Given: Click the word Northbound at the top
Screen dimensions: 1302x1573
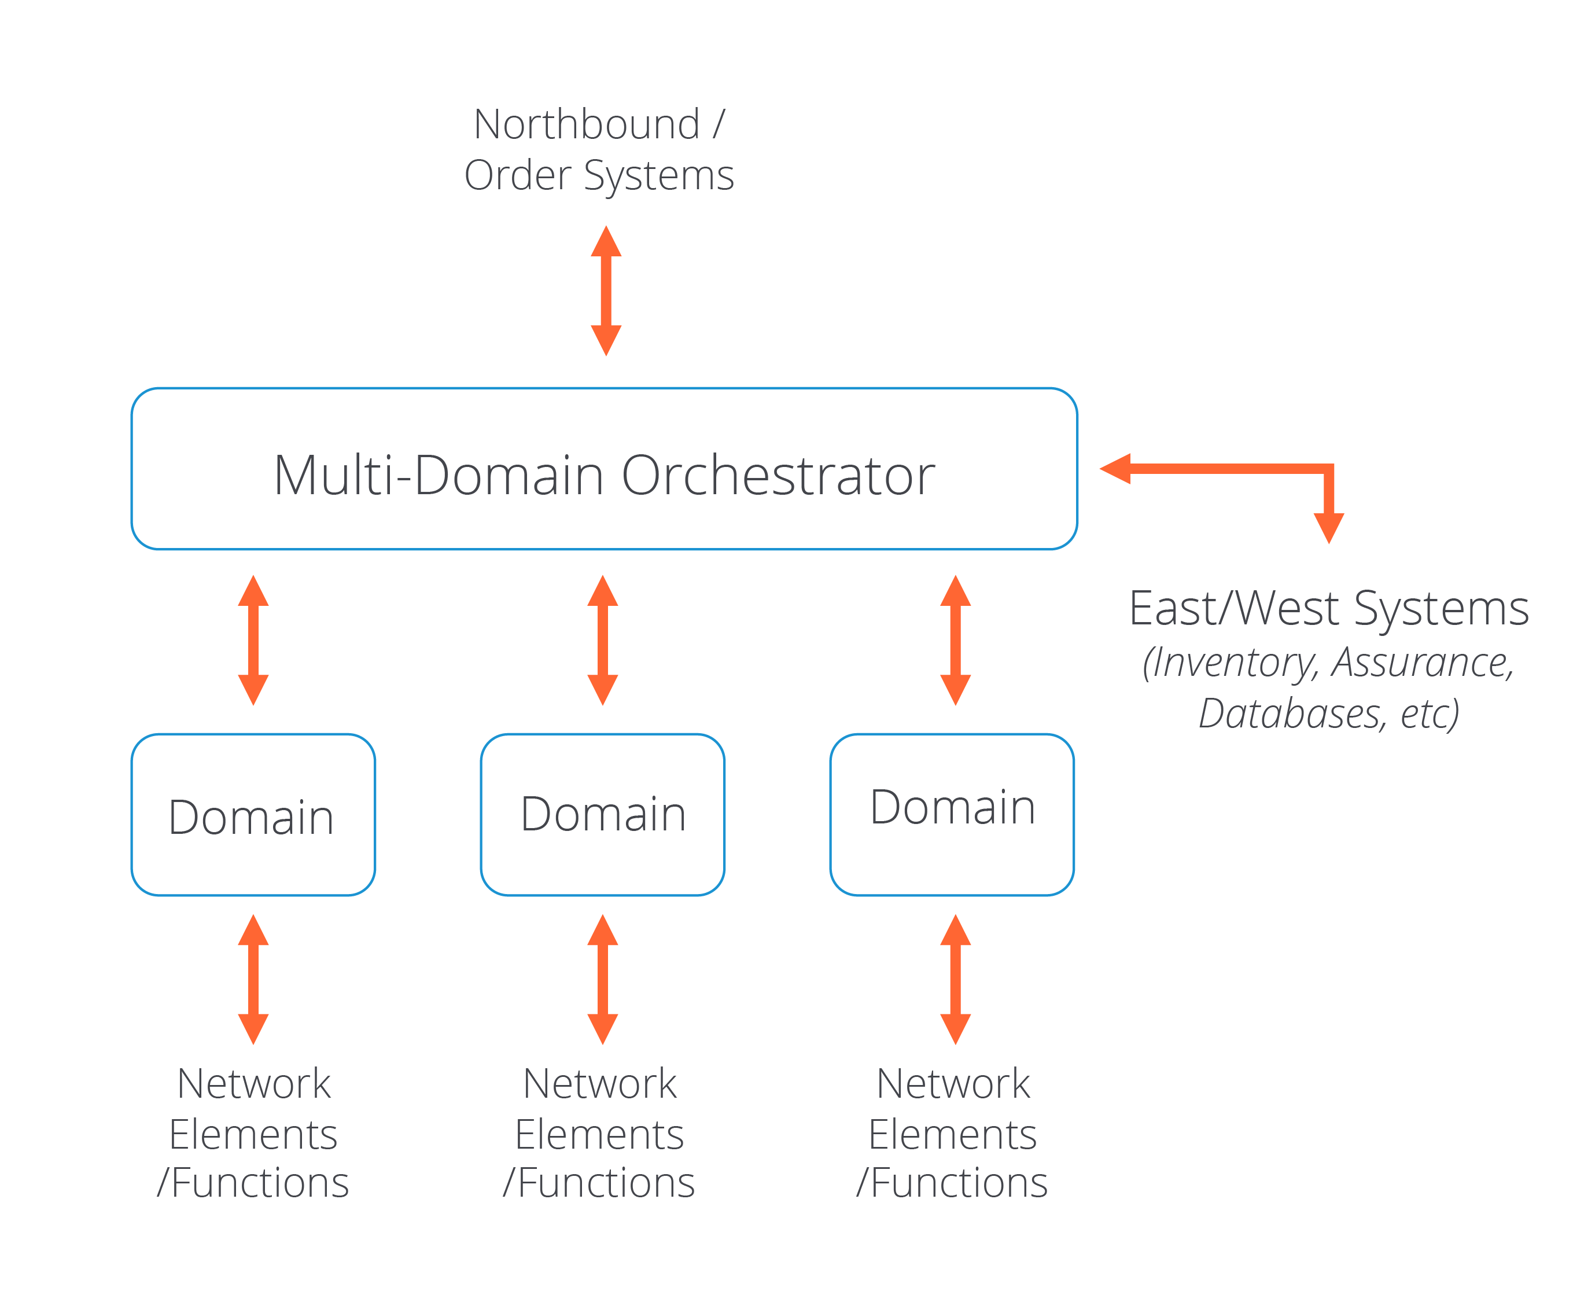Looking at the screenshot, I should [x=586, y=124].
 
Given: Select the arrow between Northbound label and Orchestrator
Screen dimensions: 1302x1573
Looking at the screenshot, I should [x=606, y=290].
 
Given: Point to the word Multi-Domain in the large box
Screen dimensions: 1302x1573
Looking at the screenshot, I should [x=438, y=476].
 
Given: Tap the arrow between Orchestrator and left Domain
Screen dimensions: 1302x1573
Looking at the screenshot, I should [x=253, y=641].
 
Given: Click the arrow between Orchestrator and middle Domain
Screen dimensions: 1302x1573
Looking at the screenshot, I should [x=602, y=641].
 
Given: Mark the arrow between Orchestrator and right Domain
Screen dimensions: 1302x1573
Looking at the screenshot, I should [x=955, y=641].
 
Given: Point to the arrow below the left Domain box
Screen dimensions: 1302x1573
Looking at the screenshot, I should [x=253, y=979].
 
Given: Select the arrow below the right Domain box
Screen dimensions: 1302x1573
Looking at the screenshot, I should [x=955, y=979].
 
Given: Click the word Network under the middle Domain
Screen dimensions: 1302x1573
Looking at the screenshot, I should [x=599, y=1084].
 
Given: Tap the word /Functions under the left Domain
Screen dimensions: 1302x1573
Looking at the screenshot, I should [x=253, y=1183].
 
